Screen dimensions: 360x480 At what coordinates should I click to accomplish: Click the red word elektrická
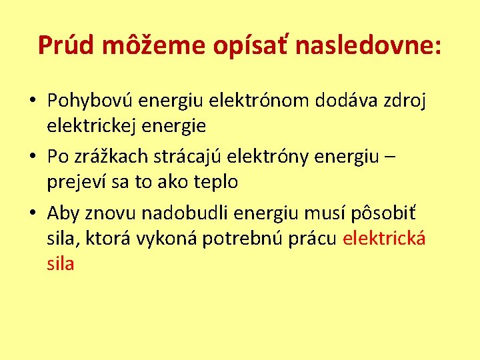[x=383, y=239]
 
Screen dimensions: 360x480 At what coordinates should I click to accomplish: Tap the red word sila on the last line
[x=60, y=263]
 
